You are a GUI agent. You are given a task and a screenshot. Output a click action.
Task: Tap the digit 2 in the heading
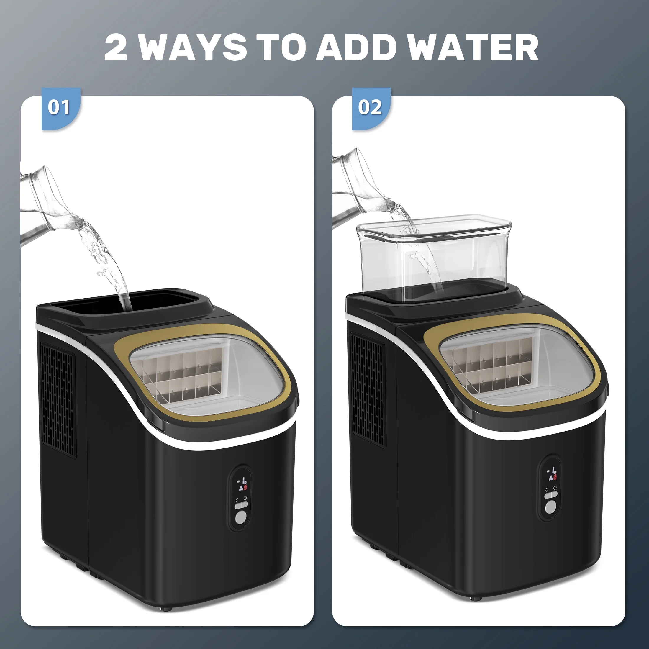116,47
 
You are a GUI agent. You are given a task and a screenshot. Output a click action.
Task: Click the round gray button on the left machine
241,517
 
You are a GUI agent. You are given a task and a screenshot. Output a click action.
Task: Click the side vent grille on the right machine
368,389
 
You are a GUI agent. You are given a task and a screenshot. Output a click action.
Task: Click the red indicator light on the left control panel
245,487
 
